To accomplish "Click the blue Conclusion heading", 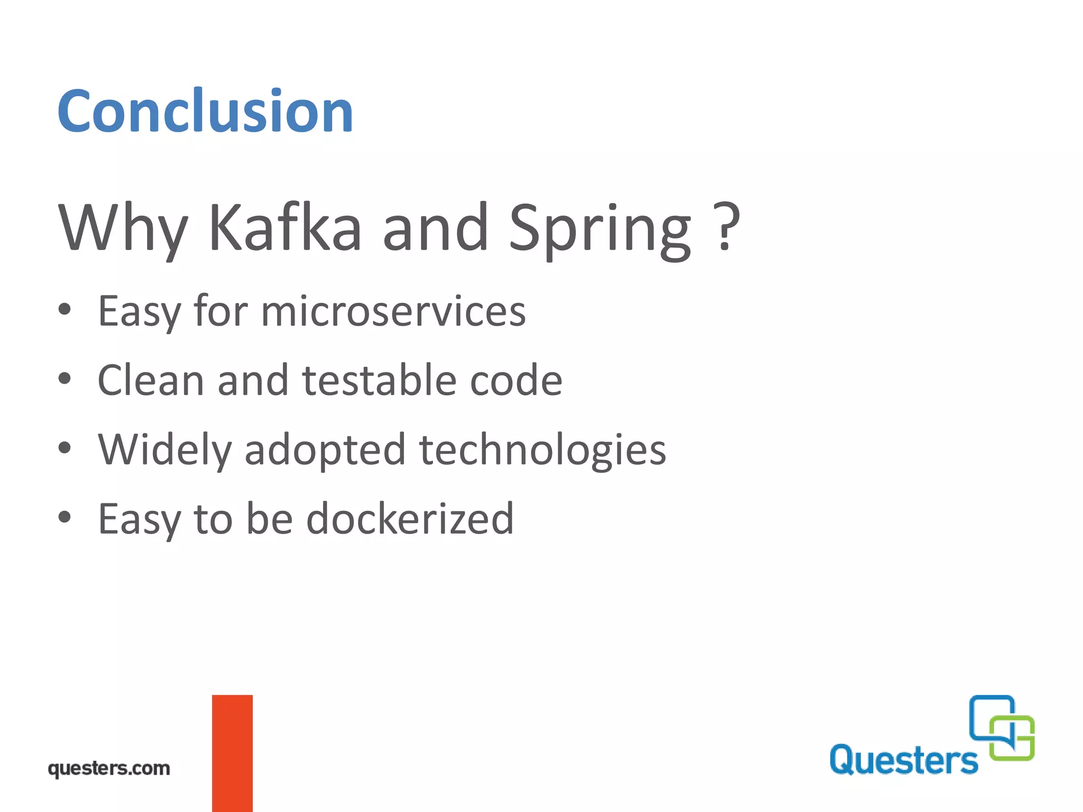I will pos(205,111).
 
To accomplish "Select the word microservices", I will pos(393,312).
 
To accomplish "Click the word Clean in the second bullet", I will pos(151,380).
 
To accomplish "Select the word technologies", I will pos(543,450).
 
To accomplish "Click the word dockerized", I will pos(410,519).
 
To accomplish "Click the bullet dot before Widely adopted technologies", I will pos(65,448).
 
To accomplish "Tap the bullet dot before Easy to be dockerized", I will pos(65,517).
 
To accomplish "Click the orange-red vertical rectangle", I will pos(232,753).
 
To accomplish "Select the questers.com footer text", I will pos(109,768).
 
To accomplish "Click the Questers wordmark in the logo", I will pos(904,760).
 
